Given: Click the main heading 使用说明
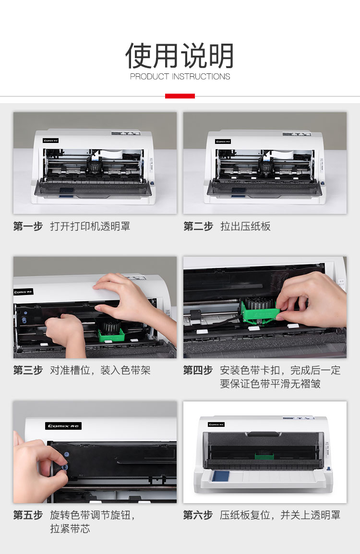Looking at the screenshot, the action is point(180,56).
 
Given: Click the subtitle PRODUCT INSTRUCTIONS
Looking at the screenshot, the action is point(180,76).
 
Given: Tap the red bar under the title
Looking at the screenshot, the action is point(180,96).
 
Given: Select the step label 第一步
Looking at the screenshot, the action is point(28,226).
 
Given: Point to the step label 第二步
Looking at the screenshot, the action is point(198,226).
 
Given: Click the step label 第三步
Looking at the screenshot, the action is point(28,370).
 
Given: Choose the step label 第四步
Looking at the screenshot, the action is point(198,370).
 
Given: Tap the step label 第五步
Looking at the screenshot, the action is point(28,515).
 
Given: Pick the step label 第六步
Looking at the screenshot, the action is point(198,515).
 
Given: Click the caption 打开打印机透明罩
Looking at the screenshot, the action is point(90,226).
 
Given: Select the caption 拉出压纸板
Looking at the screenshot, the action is point(245,226).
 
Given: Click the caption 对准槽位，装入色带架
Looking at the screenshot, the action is point(100,370).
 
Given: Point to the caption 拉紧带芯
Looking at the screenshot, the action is point(70,529).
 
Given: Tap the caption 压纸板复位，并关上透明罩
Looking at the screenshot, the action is point(280,515).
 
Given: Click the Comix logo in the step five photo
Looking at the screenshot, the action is point(63,426).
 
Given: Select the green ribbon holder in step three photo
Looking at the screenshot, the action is point(111,335).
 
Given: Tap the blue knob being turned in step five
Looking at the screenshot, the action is point(65,468).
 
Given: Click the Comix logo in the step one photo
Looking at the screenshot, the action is point(51,141).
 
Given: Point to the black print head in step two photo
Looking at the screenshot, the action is point(265,165).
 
